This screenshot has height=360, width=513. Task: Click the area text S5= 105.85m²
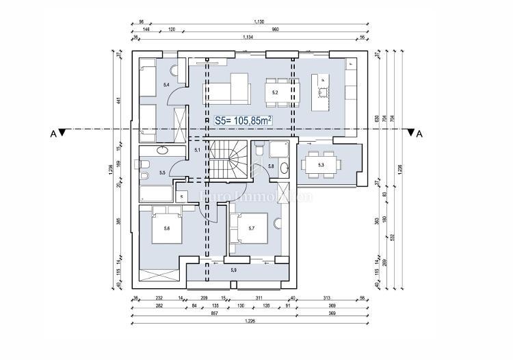244,120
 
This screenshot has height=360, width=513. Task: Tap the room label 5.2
275,92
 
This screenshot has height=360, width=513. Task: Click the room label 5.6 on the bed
166,229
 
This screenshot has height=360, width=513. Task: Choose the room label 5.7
252,228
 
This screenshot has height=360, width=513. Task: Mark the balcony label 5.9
235,270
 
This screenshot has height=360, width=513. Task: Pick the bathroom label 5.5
162,173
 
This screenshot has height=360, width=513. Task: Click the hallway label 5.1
197,149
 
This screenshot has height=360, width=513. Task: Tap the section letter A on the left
53,134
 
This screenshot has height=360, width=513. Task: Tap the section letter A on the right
420,134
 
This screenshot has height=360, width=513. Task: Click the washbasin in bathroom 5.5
163,151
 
